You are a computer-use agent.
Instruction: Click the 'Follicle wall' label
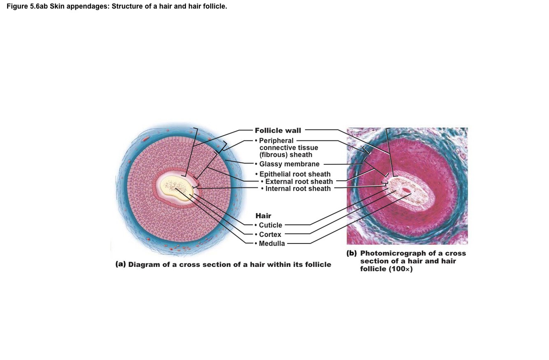click(278, 131)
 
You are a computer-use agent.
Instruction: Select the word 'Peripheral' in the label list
click(276, 141)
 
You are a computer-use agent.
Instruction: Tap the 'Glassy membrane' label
click(289, 164)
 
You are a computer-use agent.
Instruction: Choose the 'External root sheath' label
click(299, 182)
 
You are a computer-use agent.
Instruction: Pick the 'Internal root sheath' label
click(298, 189)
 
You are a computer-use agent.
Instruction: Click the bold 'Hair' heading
click(263, 215)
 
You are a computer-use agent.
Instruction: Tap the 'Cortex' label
click(270, 234)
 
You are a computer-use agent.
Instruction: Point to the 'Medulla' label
click(272, 243)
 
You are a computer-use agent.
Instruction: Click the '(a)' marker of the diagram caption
click(121, 264)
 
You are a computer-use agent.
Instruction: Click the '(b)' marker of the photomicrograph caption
click(351, 253)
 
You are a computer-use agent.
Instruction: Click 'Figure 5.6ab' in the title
click(27, 7)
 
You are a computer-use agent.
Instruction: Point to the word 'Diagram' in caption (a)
click(144, 264)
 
